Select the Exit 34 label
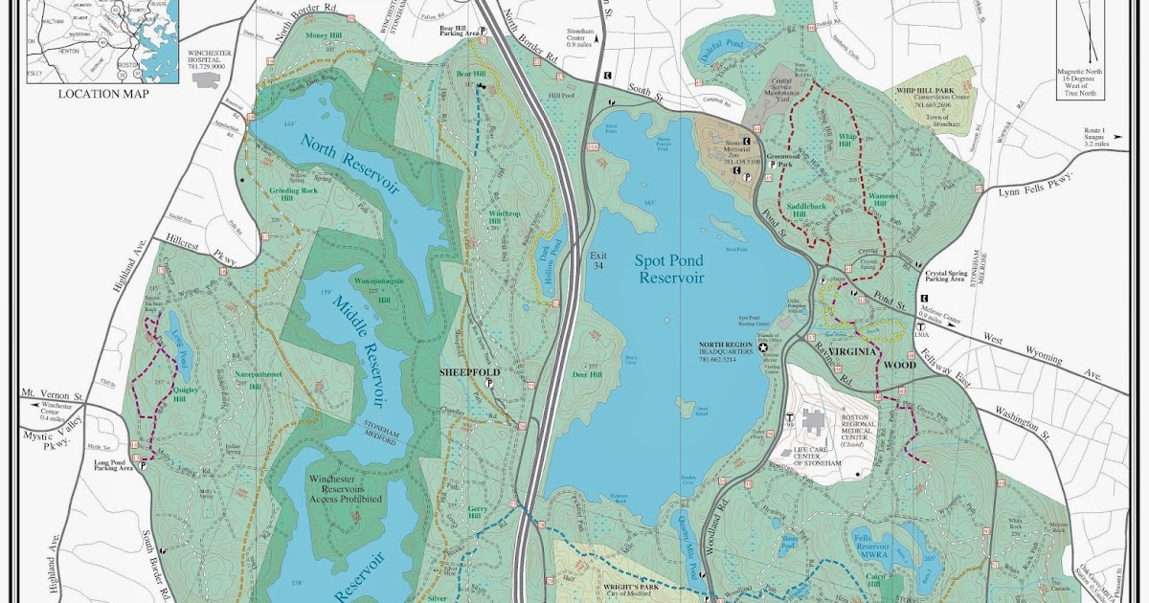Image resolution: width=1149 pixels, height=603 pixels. tap(598, 260)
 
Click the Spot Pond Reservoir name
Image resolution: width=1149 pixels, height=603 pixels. tap(669, 268)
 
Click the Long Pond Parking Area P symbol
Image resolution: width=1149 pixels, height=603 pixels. tap(144, 467)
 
